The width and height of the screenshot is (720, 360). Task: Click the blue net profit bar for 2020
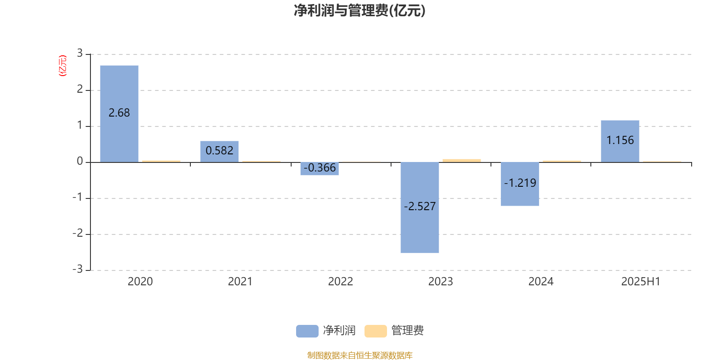(x=119, y=114)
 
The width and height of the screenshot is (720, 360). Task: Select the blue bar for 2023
(x=420, y=207)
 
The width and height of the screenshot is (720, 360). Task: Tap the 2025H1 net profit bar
(x=620, y=141)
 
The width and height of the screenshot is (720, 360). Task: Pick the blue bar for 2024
(x=520, y=184)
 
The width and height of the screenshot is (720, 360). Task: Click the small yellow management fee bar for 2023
(x=462, y=161)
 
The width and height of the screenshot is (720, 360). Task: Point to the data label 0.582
(x=220, y=150)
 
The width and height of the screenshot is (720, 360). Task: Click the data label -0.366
(x=319, y=167)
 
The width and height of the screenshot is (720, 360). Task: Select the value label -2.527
(x=420, y=207)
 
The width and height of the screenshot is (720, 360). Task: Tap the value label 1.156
(x=620, y=140)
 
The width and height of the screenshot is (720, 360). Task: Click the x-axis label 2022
(x=340, y=282)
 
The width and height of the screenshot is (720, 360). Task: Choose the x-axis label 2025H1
(x=641, y=282)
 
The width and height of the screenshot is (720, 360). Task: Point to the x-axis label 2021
(x=240, y=282)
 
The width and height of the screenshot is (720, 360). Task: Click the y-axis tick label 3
(x=80, y=53)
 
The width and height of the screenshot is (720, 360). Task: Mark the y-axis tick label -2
(x=77, y=233)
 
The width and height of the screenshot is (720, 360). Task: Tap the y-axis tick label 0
(x=80, y=161)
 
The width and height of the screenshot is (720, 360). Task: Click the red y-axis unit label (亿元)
(x=63, y=66)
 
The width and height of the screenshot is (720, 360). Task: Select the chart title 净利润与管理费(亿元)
(x=360, y=11)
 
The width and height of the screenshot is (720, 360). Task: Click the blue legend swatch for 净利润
(x=307, y=331)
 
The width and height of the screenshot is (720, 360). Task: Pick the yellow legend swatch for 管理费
(x=375, y=331)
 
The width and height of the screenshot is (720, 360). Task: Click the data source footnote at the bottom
(x=360, y=355)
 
